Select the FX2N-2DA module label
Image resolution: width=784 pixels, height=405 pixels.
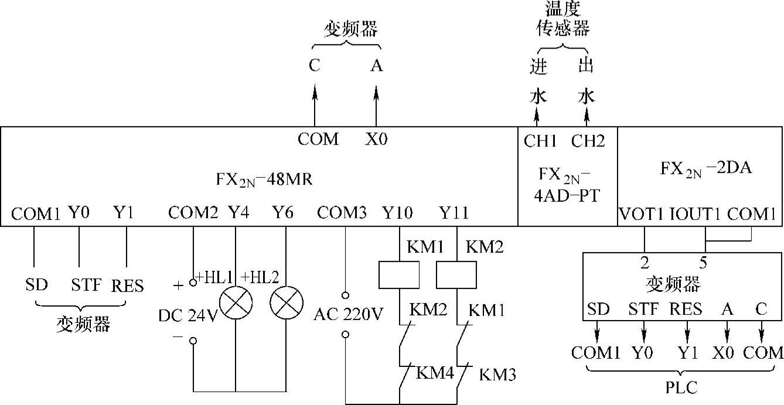(705, 169)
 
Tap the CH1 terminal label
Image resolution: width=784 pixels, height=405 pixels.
(540, 141)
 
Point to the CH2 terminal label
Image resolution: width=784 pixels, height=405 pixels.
(588, 141)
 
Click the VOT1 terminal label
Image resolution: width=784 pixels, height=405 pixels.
(641, 213)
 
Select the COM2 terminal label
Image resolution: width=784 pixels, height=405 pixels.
(193, 213)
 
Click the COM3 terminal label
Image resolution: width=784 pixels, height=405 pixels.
(342, 213)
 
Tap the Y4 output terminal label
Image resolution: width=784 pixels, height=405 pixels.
(238, 213)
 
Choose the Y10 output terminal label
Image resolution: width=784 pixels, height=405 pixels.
(398, 213)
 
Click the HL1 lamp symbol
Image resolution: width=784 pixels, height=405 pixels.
(236, 303)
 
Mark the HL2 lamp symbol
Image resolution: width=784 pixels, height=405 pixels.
(287, 303)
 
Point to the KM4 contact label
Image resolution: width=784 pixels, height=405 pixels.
(435, 372)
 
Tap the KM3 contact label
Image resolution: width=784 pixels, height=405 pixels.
(497, 375)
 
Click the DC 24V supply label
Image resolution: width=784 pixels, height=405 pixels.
(188, 315)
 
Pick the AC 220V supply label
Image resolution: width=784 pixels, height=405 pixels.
(348, 315)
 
